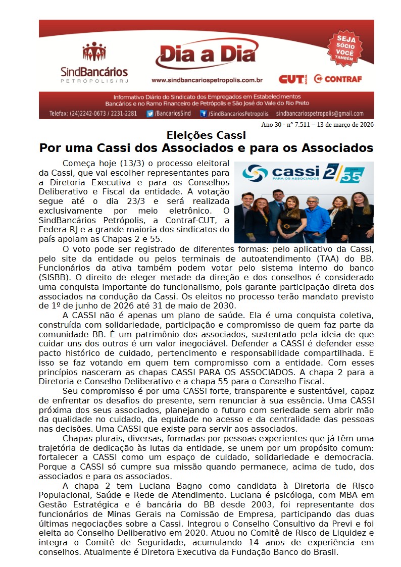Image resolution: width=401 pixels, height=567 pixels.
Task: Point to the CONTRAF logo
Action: point(337,79)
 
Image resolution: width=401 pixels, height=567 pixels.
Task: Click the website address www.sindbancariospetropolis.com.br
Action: point(207,80)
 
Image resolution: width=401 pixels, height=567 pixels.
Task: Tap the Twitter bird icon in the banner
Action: point(150,114)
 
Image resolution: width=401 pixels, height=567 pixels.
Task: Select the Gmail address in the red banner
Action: point(320,114)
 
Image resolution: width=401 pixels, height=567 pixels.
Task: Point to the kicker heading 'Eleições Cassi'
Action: point(206,135)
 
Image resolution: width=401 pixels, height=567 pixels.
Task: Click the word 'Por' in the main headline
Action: point(51,148)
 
